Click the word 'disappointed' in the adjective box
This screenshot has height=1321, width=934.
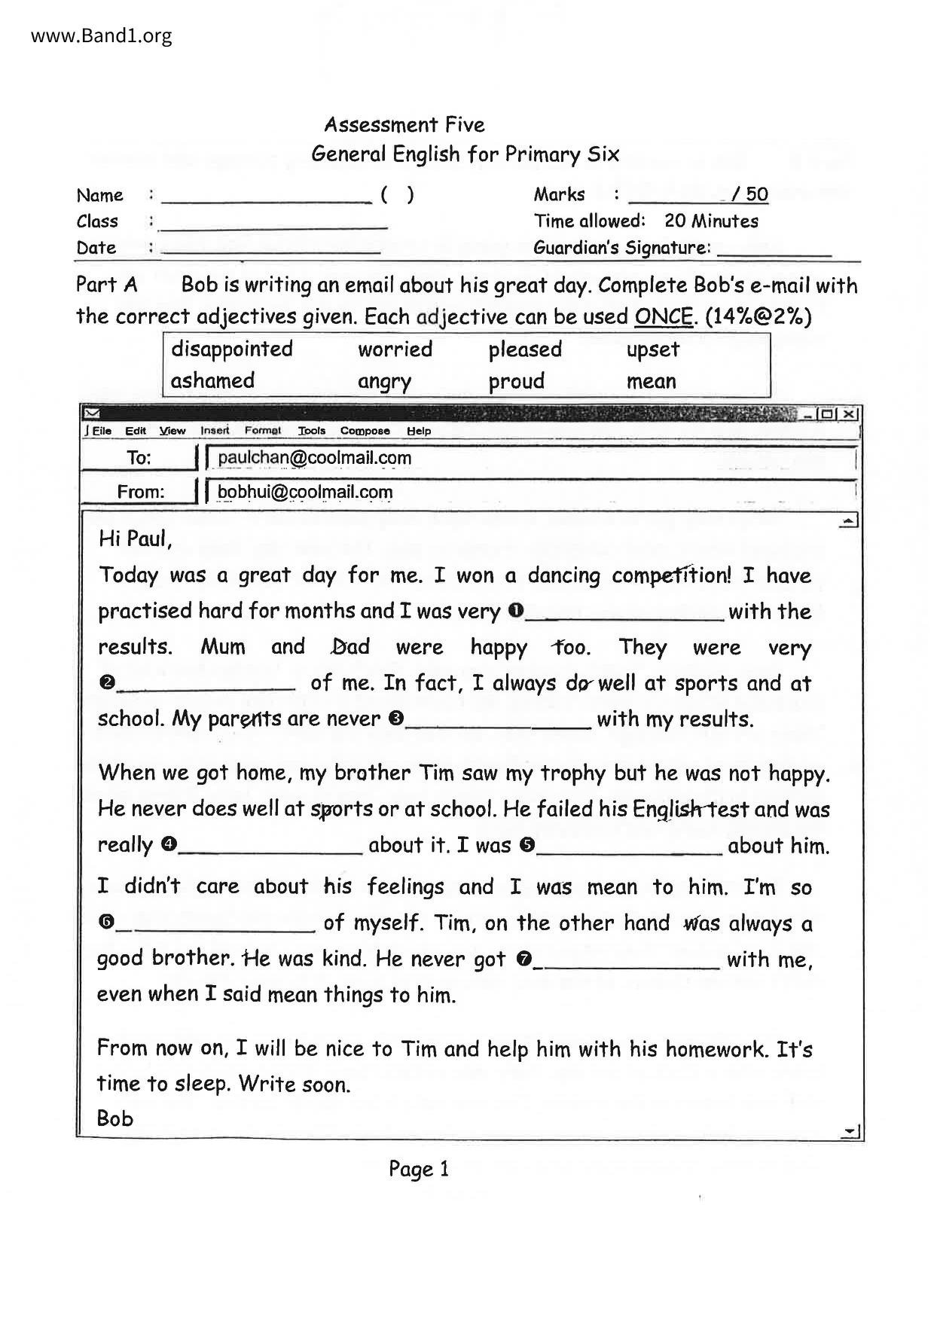[x=231, y=349]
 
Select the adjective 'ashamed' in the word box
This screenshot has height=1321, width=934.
[x=212, y=380]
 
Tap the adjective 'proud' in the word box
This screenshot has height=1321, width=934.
[x=516, y=381]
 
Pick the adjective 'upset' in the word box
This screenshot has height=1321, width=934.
[x=652, y=349]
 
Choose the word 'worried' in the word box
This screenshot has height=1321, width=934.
[x=395, y=349]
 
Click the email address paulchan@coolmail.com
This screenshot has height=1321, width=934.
[x=314, y=458]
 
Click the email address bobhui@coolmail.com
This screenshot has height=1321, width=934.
[x=305, y=493]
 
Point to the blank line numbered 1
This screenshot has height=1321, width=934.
[x=625, y=614]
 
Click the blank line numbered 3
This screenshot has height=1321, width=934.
[x=498, y=722]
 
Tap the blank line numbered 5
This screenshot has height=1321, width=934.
[x=630, y=848]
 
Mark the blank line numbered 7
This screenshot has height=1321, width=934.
[x=627, y=962]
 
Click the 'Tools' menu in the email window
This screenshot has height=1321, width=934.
[x=311, y=431]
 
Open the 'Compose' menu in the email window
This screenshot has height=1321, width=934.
[x=365, y=431]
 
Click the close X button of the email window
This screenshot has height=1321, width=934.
[x=849, y=413]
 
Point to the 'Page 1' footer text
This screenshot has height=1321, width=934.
[x=419, y=1169]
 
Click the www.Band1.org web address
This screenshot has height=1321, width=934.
[x=102, y=35]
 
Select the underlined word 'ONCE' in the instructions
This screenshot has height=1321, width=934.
[x=663, y=316]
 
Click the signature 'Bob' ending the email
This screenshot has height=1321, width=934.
[x=115, y=1118]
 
